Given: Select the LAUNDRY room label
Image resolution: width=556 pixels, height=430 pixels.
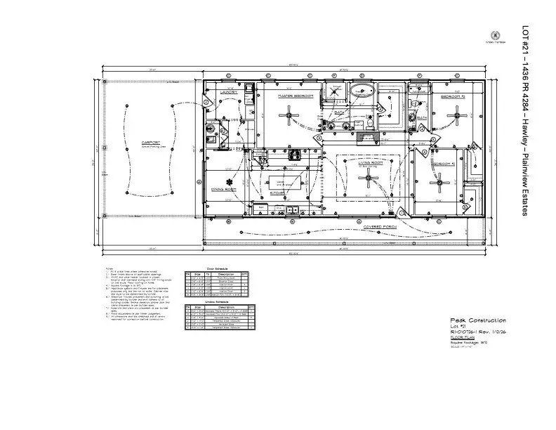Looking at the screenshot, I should [x=228, y=92].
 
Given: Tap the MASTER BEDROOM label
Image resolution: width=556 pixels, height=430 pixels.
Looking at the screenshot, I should [x=295, y=96].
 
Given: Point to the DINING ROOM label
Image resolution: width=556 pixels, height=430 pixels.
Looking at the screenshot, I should [x=223, y=189].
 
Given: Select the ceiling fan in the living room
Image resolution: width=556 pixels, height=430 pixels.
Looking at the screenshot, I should [x=368, y=178].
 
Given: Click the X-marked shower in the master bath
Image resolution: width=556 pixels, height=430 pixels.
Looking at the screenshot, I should [x=336, y=93].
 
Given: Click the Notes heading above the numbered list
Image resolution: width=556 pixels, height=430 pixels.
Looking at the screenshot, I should [x=109, y=268].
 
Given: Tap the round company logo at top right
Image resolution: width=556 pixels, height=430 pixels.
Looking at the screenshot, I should [x=495, y=34].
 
